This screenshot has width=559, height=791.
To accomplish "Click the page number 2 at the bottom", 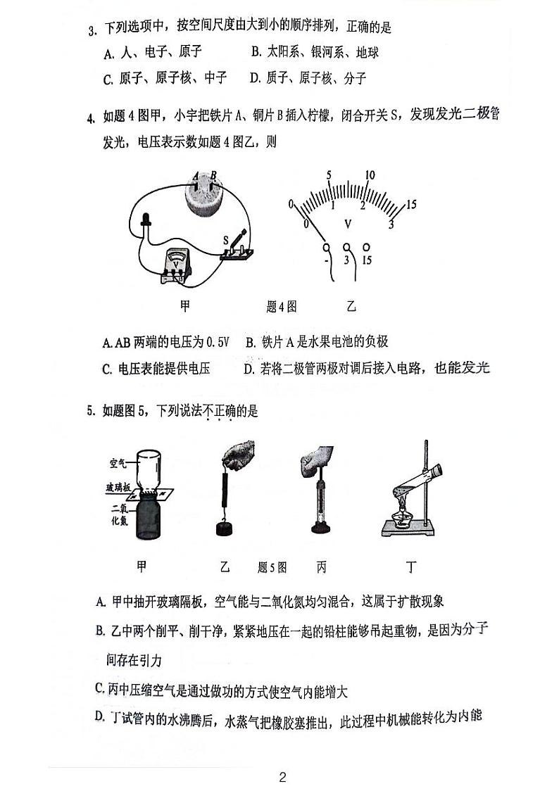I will [x=282, y=777].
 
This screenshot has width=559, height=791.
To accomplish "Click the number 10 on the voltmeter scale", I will [x=370, y=175].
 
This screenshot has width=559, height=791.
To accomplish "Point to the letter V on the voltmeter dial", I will [x=347, y=223].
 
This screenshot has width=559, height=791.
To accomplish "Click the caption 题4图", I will [x=282, y=306].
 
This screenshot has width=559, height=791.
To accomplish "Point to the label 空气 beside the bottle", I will [x=119, y=463].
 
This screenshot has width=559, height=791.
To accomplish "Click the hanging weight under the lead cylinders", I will [x=226, y=529].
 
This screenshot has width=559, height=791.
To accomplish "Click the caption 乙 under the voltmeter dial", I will [x=351, y=306].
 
